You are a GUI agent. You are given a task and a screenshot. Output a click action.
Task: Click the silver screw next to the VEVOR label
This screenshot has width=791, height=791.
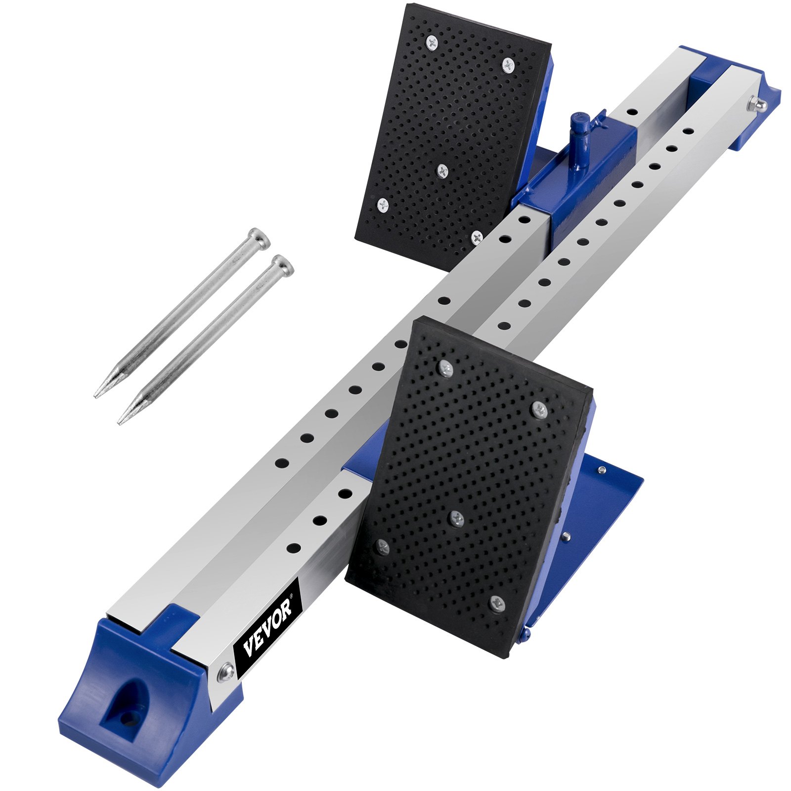226,672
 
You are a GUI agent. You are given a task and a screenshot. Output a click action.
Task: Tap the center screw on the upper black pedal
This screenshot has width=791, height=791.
442,171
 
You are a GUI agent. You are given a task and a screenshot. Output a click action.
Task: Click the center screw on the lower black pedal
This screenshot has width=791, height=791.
457,518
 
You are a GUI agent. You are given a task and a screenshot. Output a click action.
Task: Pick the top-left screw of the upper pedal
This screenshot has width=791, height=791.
432,43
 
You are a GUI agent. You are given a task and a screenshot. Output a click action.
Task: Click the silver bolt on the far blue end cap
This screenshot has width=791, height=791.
757,104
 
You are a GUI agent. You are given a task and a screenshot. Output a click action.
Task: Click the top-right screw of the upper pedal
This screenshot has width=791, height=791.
509,64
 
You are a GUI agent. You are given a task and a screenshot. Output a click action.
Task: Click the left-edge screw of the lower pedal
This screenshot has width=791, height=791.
382,547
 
